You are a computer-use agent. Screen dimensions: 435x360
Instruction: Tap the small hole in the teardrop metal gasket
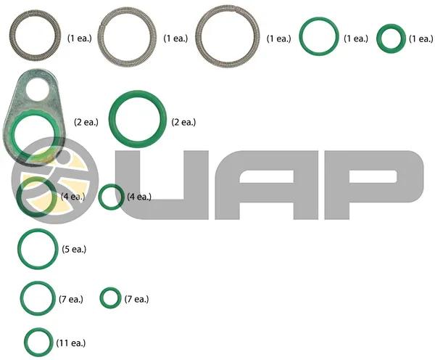(38, 89)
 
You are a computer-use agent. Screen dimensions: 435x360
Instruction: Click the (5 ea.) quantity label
(74, 249)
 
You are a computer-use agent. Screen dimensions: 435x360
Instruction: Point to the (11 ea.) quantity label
(71, 343)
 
